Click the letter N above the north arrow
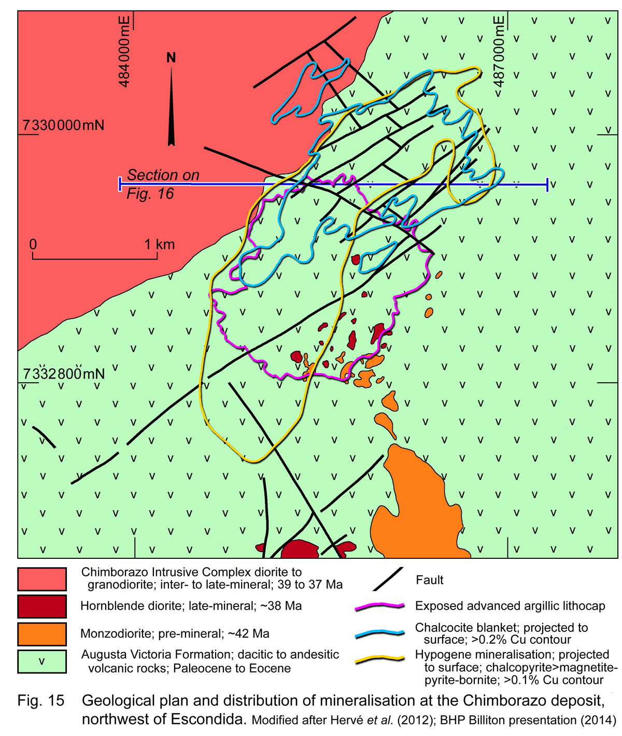pos(171,57)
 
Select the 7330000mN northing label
pos(63,125)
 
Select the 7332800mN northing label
pos(63,373)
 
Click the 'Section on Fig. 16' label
pos(162,184)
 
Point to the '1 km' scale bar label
pos(159,244)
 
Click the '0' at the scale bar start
pos(33,244)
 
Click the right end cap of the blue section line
pos(547,184)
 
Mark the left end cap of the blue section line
pos(120,183)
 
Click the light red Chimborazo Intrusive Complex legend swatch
pos(42,579)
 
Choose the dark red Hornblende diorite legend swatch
pos(42,607)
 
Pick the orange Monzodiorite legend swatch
pos(42,634)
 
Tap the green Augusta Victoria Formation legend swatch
pos(42,661)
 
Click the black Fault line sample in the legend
pos(388,579)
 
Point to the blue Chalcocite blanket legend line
pos(380,633)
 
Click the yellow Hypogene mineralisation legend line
pos(380,660)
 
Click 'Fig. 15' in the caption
pos(41,701)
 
